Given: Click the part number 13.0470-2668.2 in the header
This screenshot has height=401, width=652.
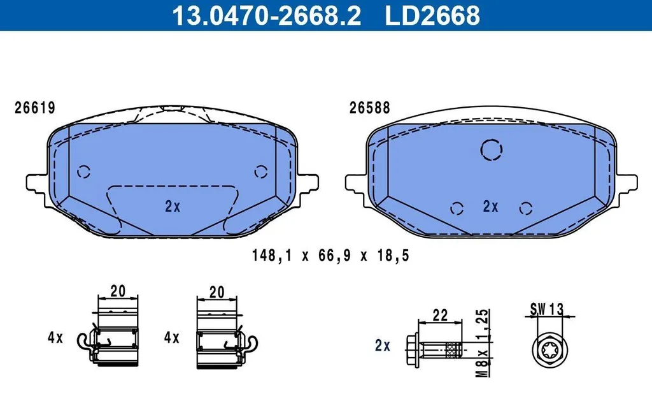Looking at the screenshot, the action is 267,15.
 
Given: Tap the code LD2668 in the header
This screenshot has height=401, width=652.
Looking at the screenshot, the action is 432,15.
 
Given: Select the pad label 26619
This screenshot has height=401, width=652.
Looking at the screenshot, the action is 35,108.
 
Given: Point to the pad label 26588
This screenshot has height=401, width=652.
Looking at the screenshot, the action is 370,108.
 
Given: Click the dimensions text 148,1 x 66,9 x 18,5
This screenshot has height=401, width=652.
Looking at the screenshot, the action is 330,255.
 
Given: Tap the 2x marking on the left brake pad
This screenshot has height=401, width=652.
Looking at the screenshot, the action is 173,206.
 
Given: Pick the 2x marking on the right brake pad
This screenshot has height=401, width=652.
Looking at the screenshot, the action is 491,206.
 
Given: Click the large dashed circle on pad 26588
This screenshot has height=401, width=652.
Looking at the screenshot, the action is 492,139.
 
